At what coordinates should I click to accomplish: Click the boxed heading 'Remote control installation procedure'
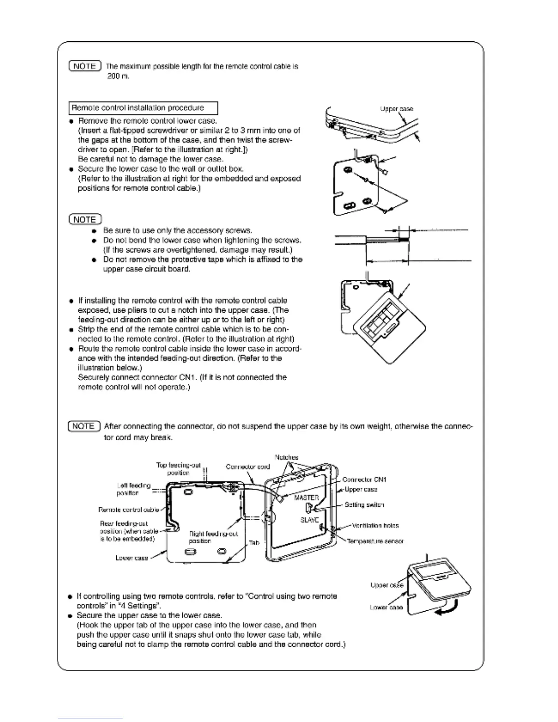(143, 108)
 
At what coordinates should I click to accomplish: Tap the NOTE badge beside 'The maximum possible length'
(85, 66)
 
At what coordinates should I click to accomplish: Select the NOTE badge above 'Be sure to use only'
(85, 219)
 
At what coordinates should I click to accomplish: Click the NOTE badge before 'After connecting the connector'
(84, 426)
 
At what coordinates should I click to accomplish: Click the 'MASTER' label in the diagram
(306, 498)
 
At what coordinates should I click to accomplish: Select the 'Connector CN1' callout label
(364, 480)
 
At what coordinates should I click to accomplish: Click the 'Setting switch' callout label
(364, 505)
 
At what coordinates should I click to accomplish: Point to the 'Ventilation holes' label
(375, 526)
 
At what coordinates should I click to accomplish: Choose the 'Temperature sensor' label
(375, 541)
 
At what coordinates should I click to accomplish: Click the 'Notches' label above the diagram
(287, 457)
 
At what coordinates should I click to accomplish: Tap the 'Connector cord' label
(248, 467)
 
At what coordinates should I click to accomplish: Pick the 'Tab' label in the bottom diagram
(254, 543)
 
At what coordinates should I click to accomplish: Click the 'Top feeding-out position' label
(178, 469)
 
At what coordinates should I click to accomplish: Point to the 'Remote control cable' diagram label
(129, 510)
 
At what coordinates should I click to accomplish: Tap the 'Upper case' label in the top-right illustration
(397, 109)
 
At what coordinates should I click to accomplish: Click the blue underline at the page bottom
(90, 718)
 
